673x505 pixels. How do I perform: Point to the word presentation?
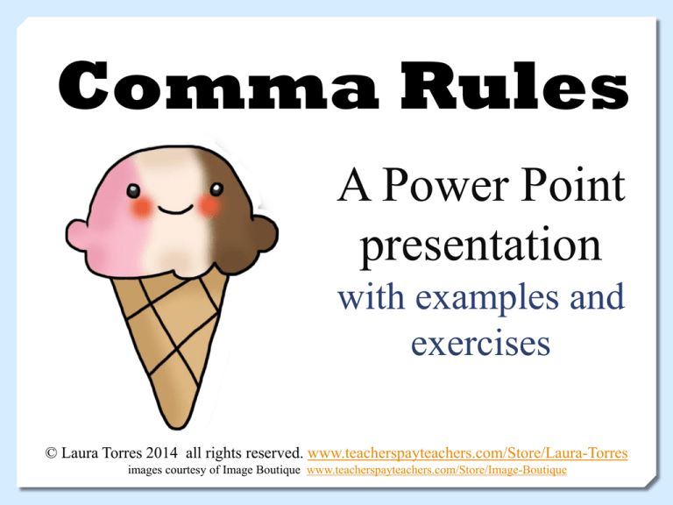coord(480,246)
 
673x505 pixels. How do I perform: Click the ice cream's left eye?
coord(134,188)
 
